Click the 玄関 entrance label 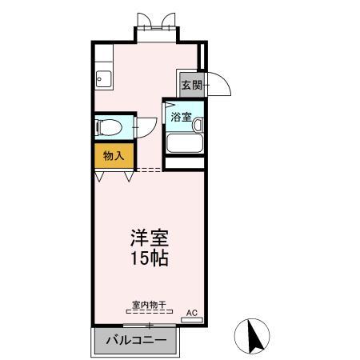(x=190, y=85)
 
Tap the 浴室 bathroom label (x=180, y=117)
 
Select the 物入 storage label (x=114, y=155)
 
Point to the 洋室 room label (x=150, y=239)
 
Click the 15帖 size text (x=150, y=259)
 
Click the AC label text (x=191, y=312)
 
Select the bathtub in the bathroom (x=184, y=143)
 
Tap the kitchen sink (x=103, y=78)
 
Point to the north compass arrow (x=254, y=336)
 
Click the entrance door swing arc (x=220, y=85)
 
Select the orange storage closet (x=114, y=155)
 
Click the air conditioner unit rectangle (x=192, y=319)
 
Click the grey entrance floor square (x=190, y=85)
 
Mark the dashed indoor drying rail (x=148, y=312)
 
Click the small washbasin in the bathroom (x=197, y=124)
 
